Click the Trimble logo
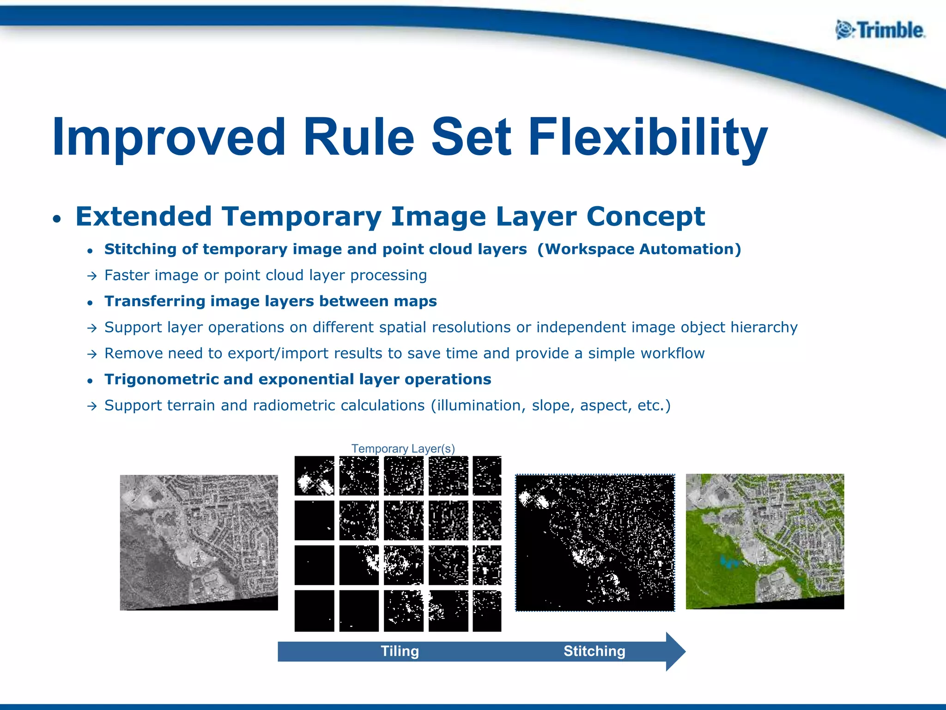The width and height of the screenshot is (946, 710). tap(880, 31)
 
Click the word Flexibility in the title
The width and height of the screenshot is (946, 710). tap(648, 138)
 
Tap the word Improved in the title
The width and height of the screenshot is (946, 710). tap(169, 138)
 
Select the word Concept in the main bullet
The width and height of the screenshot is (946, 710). tap(645, 216)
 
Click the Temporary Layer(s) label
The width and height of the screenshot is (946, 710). tap(403, 448)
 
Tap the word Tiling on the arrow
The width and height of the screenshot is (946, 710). tap(400, 651)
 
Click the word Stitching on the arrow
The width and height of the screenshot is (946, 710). tap(594, 651)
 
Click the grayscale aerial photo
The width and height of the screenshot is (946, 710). tap(199, 542)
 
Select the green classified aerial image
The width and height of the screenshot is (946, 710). tap(764, 541)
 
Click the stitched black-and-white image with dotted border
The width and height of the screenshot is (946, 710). tap(595, 542)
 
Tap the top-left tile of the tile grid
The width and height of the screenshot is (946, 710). tap(314, 476)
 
